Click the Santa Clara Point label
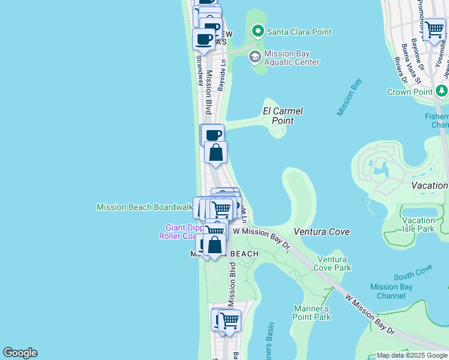(299, 32)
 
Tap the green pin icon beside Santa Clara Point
(258, 31)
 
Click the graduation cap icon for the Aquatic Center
(255, 57)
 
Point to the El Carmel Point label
(283, 116)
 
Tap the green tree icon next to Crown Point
(442, 91)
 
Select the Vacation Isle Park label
(418, 224)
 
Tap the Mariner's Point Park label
(312, 313)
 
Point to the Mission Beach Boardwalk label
(144, 207)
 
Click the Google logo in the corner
(20, 353)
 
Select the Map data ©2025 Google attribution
(412, 355)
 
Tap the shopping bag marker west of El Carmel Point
(215, 152)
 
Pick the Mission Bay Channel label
(391, 291)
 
